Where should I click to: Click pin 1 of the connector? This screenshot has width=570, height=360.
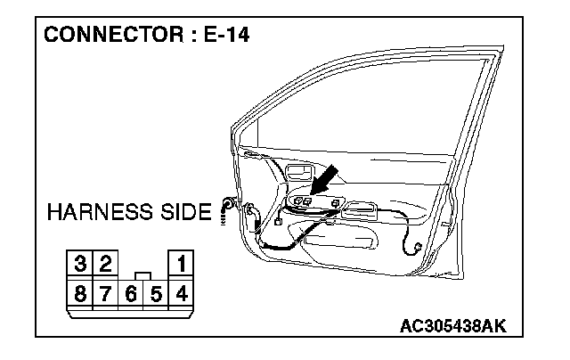pyautogui.click(x=181, y=264)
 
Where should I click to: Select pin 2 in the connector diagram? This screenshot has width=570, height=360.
pyautogui.click(x=104, y=264)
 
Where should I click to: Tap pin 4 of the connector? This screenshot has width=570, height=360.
pyautogui.click(x=181, y=290)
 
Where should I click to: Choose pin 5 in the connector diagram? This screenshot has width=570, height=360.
pyautogui.click(x=155, y=290)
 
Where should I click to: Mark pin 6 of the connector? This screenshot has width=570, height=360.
pyautogui.click(x=131, y=290)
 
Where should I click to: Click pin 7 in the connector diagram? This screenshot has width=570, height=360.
pyautogui.click(x=105, y=290)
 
